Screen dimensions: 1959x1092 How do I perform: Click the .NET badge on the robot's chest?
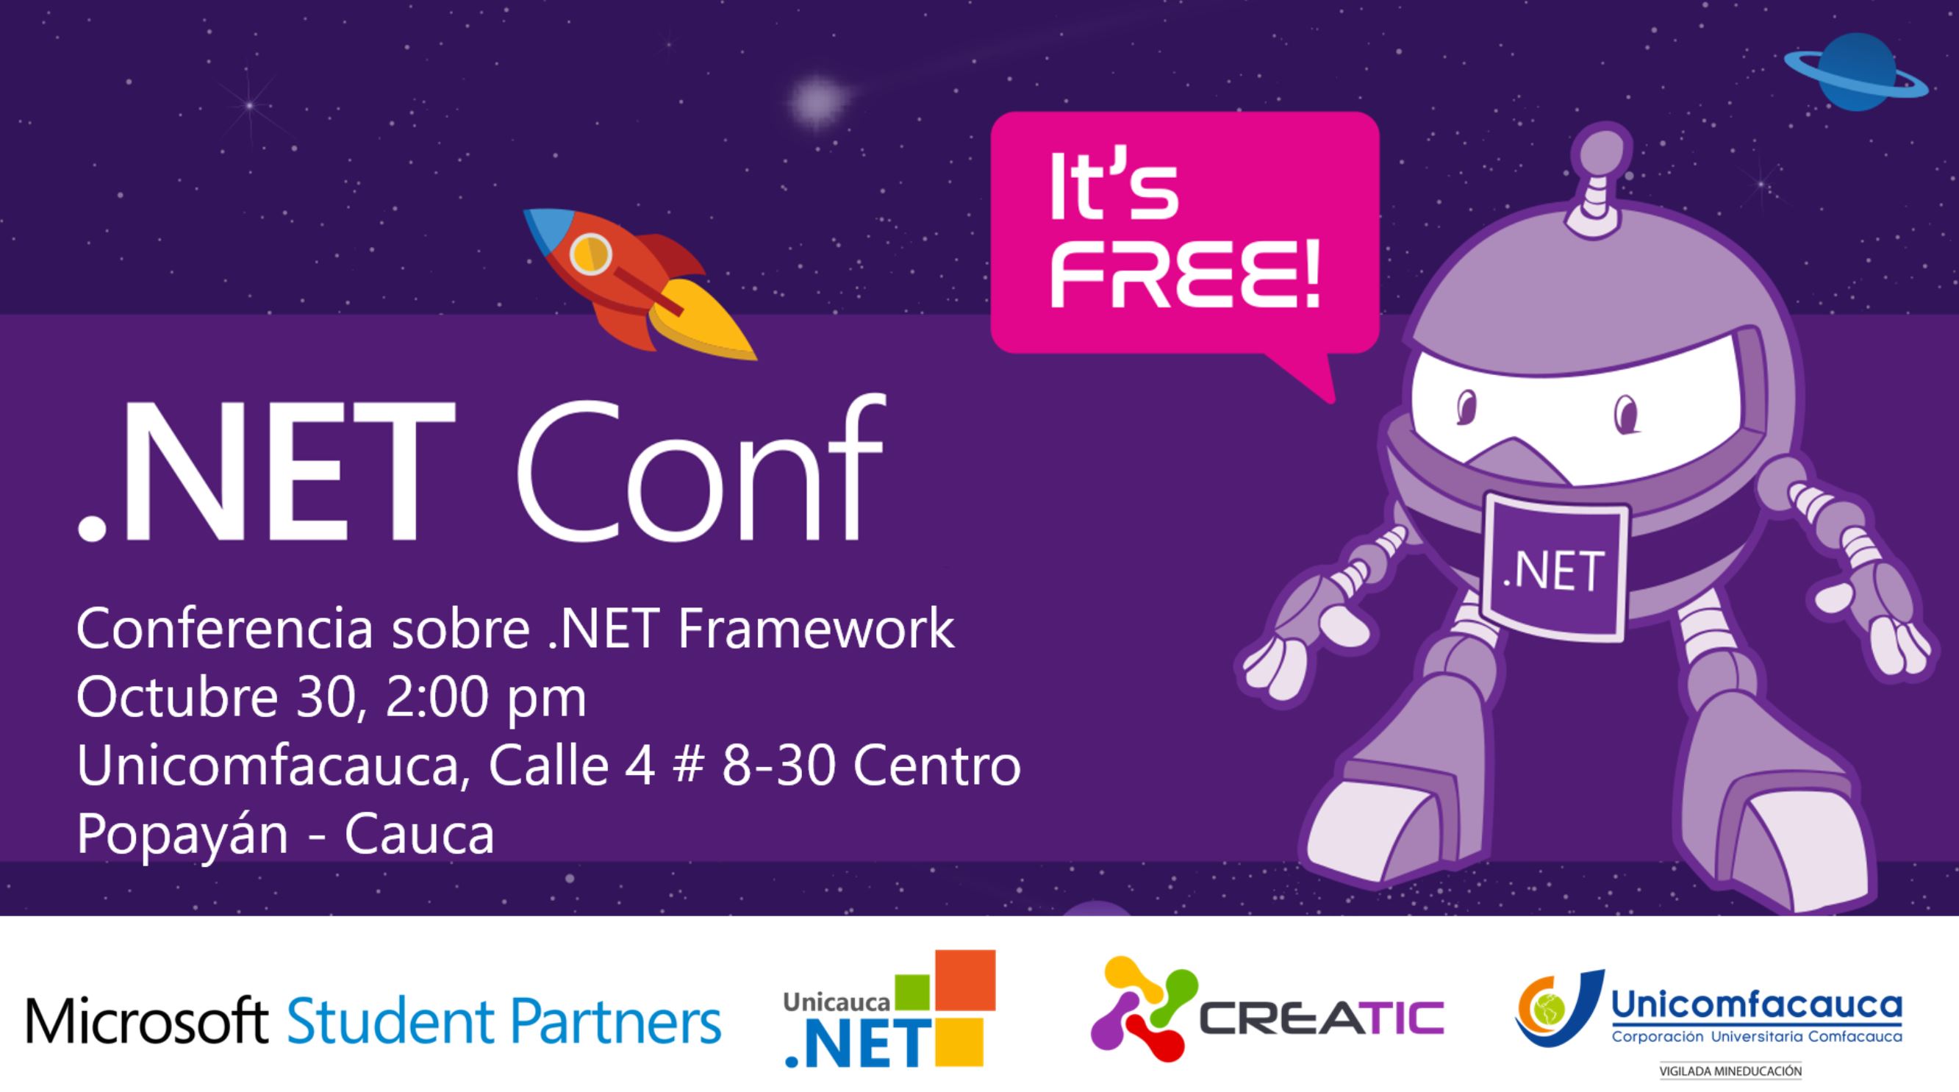click(1555, 568)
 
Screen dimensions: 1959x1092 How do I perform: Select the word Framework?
click(816, 629)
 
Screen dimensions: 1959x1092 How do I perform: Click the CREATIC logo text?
click(1322, 1018)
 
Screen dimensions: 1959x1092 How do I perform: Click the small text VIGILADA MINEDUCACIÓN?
click(1730, 1071)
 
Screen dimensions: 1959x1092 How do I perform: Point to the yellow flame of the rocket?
click(703, 320)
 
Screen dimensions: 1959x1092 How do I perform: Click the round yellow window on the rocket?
click(590, 253)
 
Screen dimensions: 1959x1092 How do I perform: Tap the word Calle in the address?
click(548, 766)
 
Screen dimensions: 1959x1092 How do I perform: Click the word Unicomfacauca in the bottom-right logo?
click(1757, 1004)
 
